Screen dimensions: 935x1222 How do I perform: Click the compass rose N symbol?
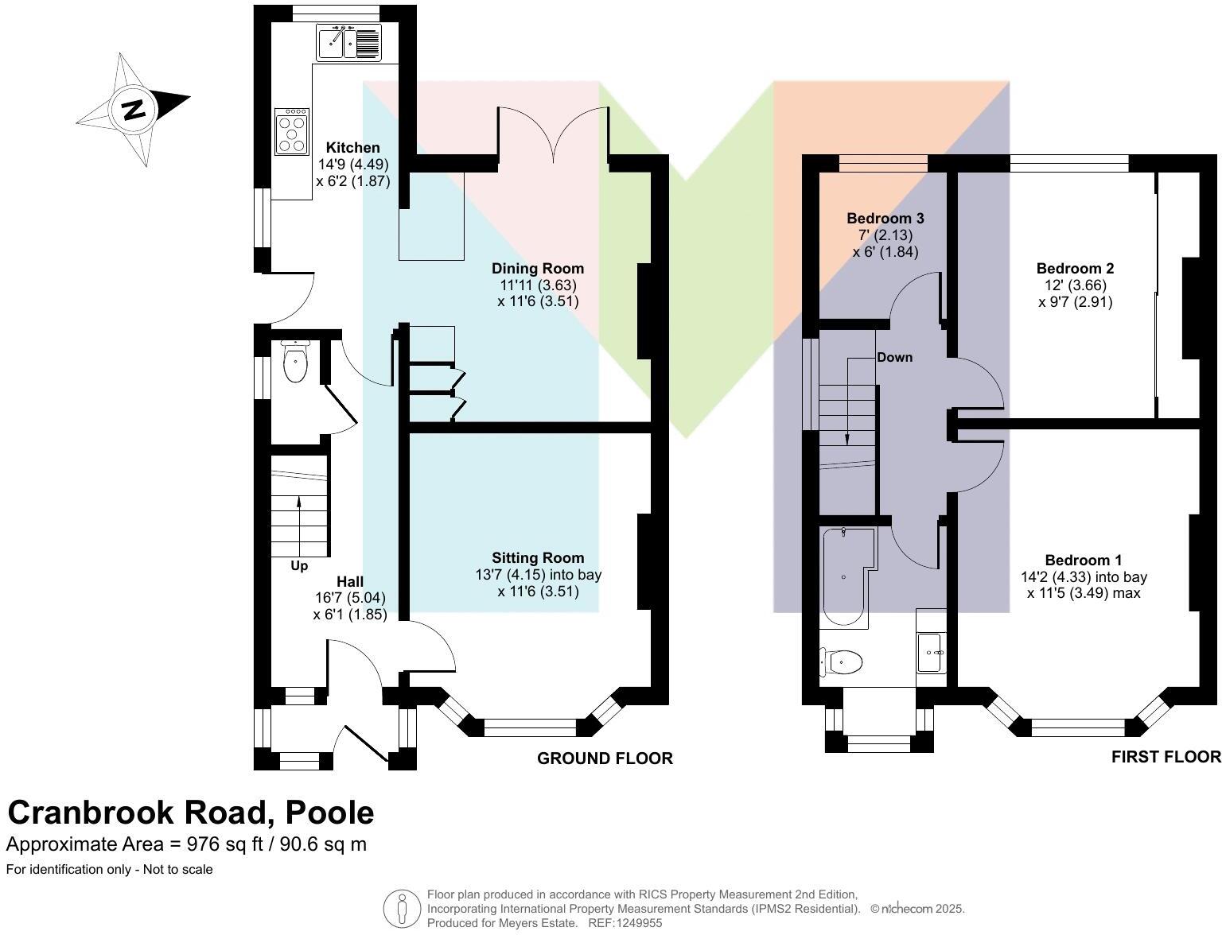pos(133,109)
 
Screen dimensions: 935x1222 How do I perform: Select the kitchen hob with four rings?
pos(291,132)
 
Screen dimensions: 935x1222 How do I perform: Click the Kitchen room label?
pos(353,148)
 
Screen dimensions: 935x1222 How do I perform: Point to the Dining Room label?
pos(537,269)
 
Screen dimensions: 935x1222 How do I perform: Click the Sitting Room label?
pos(537,558)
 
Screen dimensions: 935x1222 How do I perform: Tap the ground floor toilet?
pos(295,364)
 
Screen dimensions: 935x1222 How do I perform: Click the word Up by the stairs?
pos(299,566)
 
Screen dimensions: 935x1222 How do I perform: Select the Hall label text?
pos(349,582)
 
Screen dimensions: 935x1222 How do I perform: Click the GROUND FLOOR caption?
pos(605,758)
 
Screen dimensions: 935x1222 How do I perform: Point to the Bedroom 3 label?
pos(885,219)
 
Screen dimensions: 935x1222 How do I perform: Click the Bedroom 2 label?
pos(1075,269)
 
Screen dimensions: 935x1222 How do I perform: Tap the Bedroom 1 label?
pos(1083,561)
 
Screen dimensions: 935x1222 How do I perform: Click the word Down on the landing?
pos(894,357)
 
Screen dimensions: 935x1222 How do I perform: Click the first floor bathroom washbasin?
pos(931,652)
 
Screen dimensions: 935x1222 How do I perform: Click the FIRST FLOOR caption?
pos(1166,757)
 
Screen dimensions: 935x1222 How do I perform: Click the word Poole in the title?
pos(329,813)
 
